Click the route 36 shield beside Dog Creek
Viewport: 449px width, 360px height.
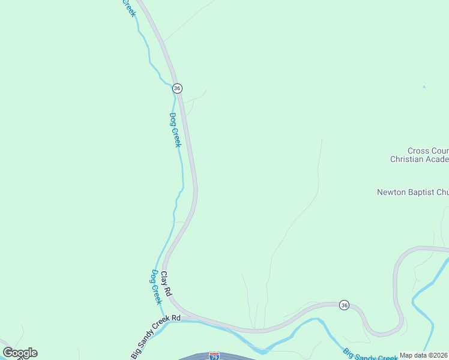tap(176, 88)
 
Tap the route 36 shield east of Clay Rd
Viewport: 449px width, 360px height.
tap(343, 305)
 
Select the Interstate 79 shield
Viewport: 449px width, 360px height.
tap(215, 356)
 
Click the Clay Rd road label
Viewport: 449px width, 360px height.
tap(166, 282)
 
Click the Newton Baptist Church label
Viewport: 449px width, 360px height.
tap(412, 193)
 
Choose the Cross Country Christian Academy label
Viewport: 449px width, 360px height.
tap(419, 155)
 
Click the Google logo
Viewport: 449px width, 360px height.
tap(20, 353)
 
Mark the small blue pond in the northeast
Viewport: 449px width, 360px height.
tap(424, 88)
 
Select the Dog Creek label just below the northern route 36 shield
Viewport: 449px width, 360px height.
tap(175, 130)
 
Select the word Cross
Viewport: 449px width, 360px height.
tap(418, 151)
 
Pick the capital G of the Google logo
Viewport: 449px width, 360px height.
tap(8, 353)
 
